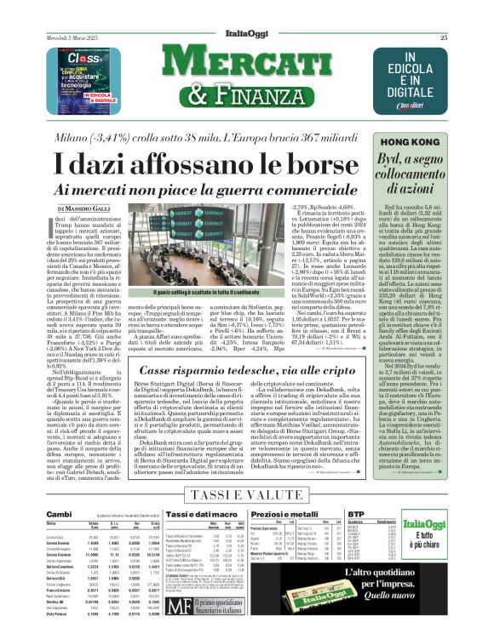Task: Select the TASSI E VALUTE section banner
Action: pos(246,495)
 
